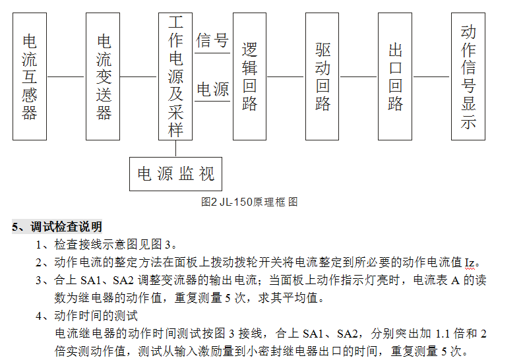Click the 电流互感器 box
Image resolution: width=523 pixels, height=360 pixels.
[x=30, y=76]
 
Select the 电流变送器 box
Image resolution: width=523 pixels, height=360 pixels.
[x=103, y=76]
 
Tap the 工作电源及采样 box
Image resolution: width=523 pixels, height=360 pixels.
[x=175, y=76]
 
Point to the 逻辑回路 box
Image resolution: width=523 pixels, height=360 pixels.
[x=249, y=76]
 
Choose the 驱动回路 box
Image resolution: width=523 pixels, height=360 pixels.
[x=323, y=76]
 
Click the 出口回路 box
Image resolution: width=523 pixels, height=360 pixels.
[x=395, y=76]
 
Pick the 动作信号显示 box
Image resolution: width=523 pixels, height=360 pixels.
[x=468, y=76]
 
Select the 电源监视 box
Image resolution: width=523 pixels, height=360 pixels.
[x=176, y=174]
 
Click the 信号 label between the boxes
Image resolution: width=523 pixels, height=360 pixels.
[x=212, y=40]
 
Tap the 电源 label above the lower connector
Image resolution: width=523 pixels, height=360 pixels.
[x=212, y=89]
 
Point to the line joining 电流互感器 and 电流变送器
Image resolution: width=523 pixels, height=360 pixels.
[x=67, y=76]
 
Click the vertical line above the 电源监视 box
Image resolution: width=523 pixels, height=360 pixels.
[x=176, y=148]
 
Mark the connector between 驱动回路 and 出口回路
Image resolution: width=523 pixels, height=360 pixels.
[x=359, y=76]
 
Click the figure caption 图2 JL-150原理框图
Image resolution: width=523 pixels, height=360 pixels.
[x=249, y=202]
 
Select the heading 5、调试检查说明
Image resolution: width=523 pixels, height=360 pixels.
[x=57, y=227]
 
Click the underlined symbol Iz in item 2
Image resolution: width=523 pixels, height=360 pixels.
[x=470, y=263]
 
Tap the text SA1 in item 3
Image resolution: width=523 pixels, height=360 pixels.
[x=90, y=280]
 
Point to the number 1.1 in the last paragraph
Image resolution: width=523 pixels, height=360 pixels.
[x=443, y=334]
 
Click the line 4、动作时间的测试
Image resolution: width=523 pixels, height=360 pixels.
[x=86, y=316]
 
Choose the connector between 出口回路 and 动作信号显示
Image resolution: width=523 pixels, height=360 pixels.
[x=431, y=76]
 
